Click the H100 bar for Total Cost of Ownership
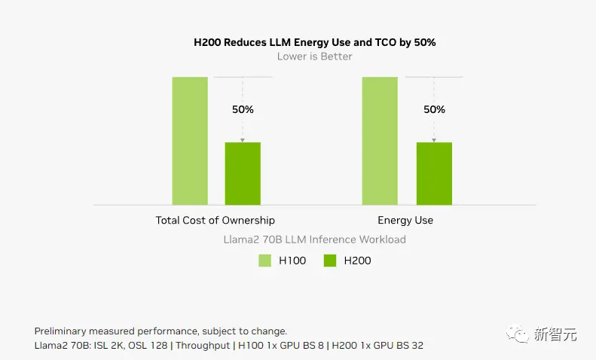tap(190, 141)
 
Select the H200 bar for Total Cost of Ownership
tap(243, 173)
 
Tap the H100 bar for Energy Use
tap(380, 141)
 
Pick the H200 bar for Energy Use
tap(434, 173)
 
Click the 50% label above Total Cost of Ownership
tap(243, 109)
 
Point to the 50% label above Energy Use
tap(434, 109)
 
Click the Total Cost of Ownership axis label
tap(215, 221)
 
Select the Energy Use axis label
tap(405, 221)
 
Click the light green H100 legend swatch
tap(265, 261)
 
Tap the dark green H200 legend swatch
tap(329, 261)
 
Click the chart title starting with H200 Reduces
tap(315, 42)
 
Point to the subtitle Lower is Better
tap(314, 56)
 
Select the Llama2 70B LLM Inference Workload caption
tap(314, 239)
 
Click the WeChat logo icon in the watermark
tap(518, 332)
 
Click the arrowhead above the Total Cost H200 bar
tap(243, 139)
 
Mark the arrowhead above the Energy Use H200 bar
tap(434, 139)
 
